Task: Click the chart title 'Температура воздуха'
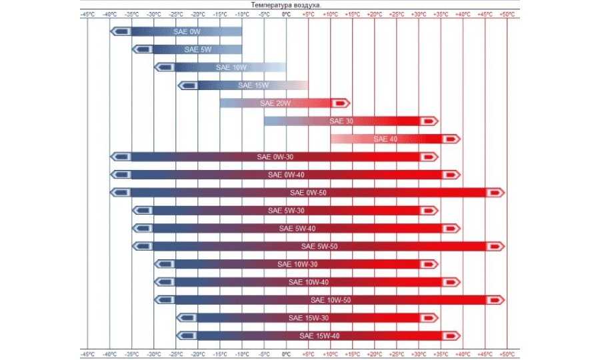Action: coord(285,5)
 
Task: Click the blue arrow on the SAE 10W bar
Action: coord(165,67)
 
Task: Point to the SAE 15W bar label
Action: coord(253,85)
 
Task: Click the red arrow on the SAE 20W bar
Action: coord(341,103)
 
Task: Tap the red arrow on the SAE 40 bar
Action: coord(451,139)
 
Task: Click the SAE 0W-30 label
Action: coord(275,157)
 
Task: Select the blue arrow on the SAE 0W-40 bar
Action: coord(121,175)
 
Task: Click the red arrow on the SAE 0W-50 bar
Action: coord(495,193)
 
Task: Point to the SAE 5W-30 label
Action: coord(286,211)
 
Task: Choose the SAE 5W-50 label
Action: coord(319,247)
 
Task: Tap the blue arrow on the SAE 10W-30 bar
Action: coord(165,265)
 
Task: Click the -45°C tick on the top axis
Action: coord(87,13)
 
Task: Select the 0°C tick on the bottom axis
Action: coord(286,353)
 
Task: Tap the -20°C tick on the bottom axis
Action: coord(197,353)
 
